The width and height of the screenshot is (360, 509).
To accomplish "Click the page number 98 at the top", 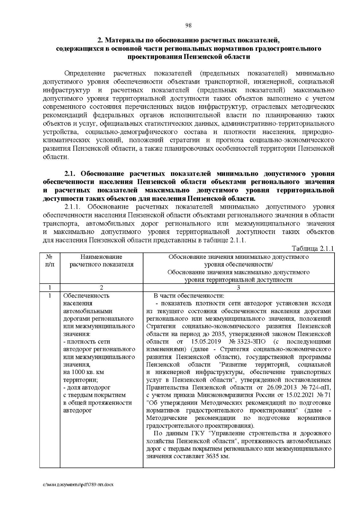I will click(188, 25).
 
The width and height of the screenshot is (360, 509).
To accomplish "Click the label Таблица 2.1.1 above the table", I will click(313, 249).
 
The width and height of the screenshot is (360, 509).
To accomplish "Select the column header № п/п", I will click(50, 260).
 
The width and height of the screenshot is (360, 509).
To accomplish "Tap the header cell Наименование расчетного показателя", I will click(101, 260).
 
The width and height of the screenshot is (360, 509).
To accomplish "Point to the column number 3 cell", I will click(238, 288).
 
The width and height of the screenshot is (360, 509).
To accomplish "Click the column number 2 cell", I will click(101, 288).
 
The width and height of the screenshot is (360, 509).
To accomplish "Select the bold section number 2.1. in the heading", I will click(71, 174).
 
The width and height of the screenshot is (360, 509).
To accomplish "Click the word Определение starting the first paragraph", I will click(85, 73).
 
